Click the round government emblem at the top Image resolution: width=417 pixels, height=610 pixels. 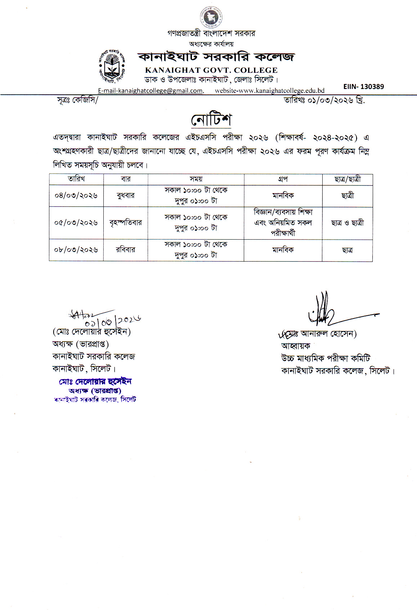pyautogui.click(x=211, y=17)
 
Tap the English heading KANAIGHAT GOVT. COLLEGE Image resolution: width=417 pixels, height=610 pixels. pyautogui.click(x=211, y=70)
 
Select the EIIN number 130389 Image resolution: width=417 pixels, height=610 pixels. pyautogui.click(x=363, y=86)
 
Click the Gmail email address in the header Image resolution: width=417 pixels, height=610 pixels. pyautogui.click(x=151, y=91)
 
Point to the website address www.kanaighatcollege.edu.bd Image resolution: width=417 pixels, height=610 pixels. pyautogui.click(x=270, y=91)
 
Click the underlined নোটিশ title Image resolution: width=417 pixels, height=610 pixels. pyautogui.click(x=211, y=120)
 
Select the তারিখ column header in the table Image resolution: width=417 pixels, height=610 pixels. pyautogui.click(x=76, y=179)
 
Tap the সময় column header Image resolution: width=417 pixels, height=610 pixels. pyautogui.click(x=196, y=179)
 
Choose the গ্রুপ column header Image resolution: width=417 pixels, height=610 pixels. pyautogui.click(x=283, y=179)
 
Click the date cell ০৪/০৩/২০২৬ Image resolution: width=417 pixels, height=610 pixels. pyautogui.click(x=76, y=196)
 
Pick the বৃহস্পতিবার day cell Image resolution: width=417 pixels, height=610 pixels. pyautogui.click(x=126, y=223)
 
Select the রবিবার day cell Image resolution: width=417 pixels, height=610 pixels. pyautogui.click(x=126, y=250)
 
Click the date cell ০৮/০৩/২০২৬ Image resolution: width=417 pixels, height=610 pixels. pyautogui.click(x=76, y=250)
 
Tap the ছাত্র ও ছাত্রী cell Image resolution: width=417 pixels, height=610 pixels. pyautogui.click(x=347, y=223)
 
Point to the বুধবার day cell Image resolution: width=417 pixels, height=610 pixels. pyautogui.click(x=126, y=196)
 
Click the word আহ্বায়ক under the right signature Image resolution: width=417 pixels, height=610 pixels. pyautogui.click(x=296, y=346)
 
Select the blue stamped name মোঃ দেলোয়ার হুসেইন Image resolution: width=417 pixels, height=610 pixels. pyautogui.click(x=95, y=381)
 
